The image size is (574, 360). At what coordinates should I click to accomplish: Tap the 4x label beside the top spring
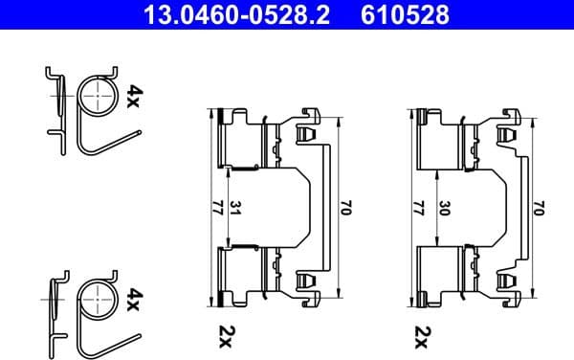(x=134, y=96)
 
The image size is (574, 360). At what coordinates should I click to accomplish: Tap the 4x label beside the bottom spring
(x=134, y=301)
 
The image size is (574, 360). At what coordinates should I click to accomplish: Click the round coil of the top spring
(x=95, y=97)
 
